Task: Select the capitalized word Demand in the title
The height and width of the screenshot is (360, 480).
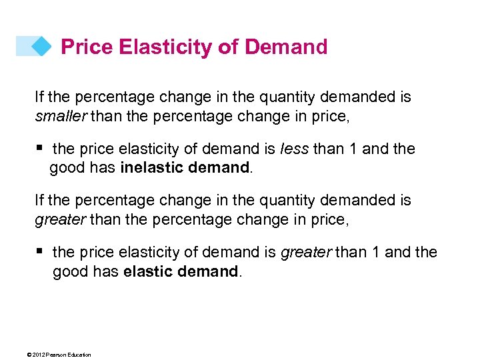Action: tap(286, 47)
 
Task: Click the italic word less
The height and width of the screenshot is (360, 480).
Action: tap(296, 149)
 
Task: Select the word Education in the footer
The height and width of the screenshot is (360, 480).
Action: tap(77, 354)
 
